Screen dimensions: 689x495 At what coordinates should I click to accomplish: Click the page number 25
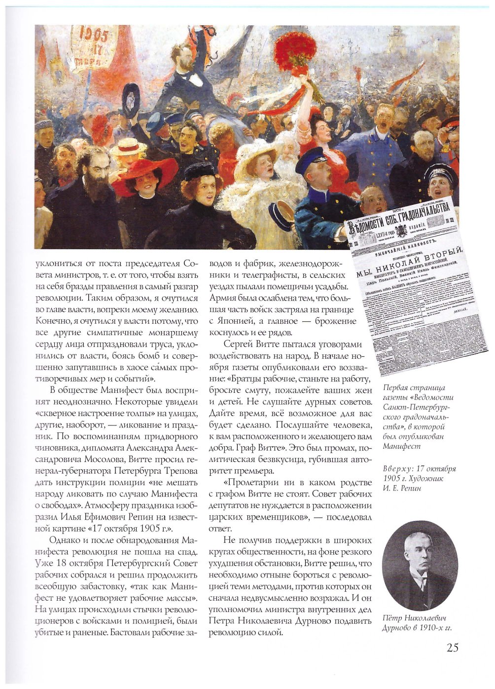click(452, 647)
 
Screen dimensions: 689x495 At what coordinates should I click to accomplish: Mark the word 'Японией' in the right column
click(237, 321)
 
